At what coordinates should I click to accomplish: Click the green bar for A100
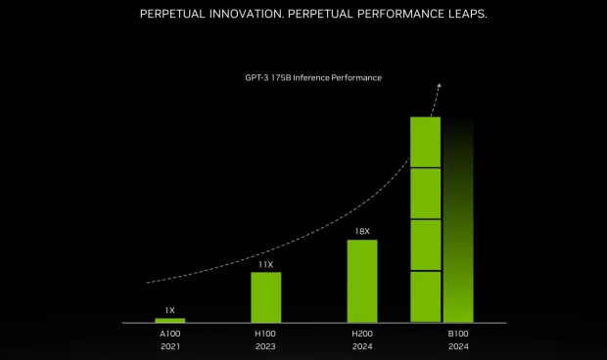169,320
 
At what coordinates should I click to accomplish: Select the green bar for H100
265,297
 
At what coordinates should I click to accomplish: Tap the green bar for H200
361,281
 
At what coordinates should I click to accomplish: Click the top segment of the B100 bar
425,142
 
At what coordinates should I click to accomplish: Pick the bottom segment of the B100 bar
425,296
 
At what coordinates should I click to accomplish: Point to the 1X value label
169,309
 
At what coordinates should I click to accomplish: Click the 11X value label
265,264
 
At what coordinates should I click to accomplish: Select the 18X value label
361,232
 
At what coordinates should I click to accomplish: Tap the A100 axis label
169,334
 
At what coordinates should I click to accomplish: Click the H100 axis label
265,334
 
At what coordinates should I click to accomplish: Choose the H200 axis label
361,334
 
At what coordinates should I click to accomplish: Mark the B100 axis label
457,334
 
